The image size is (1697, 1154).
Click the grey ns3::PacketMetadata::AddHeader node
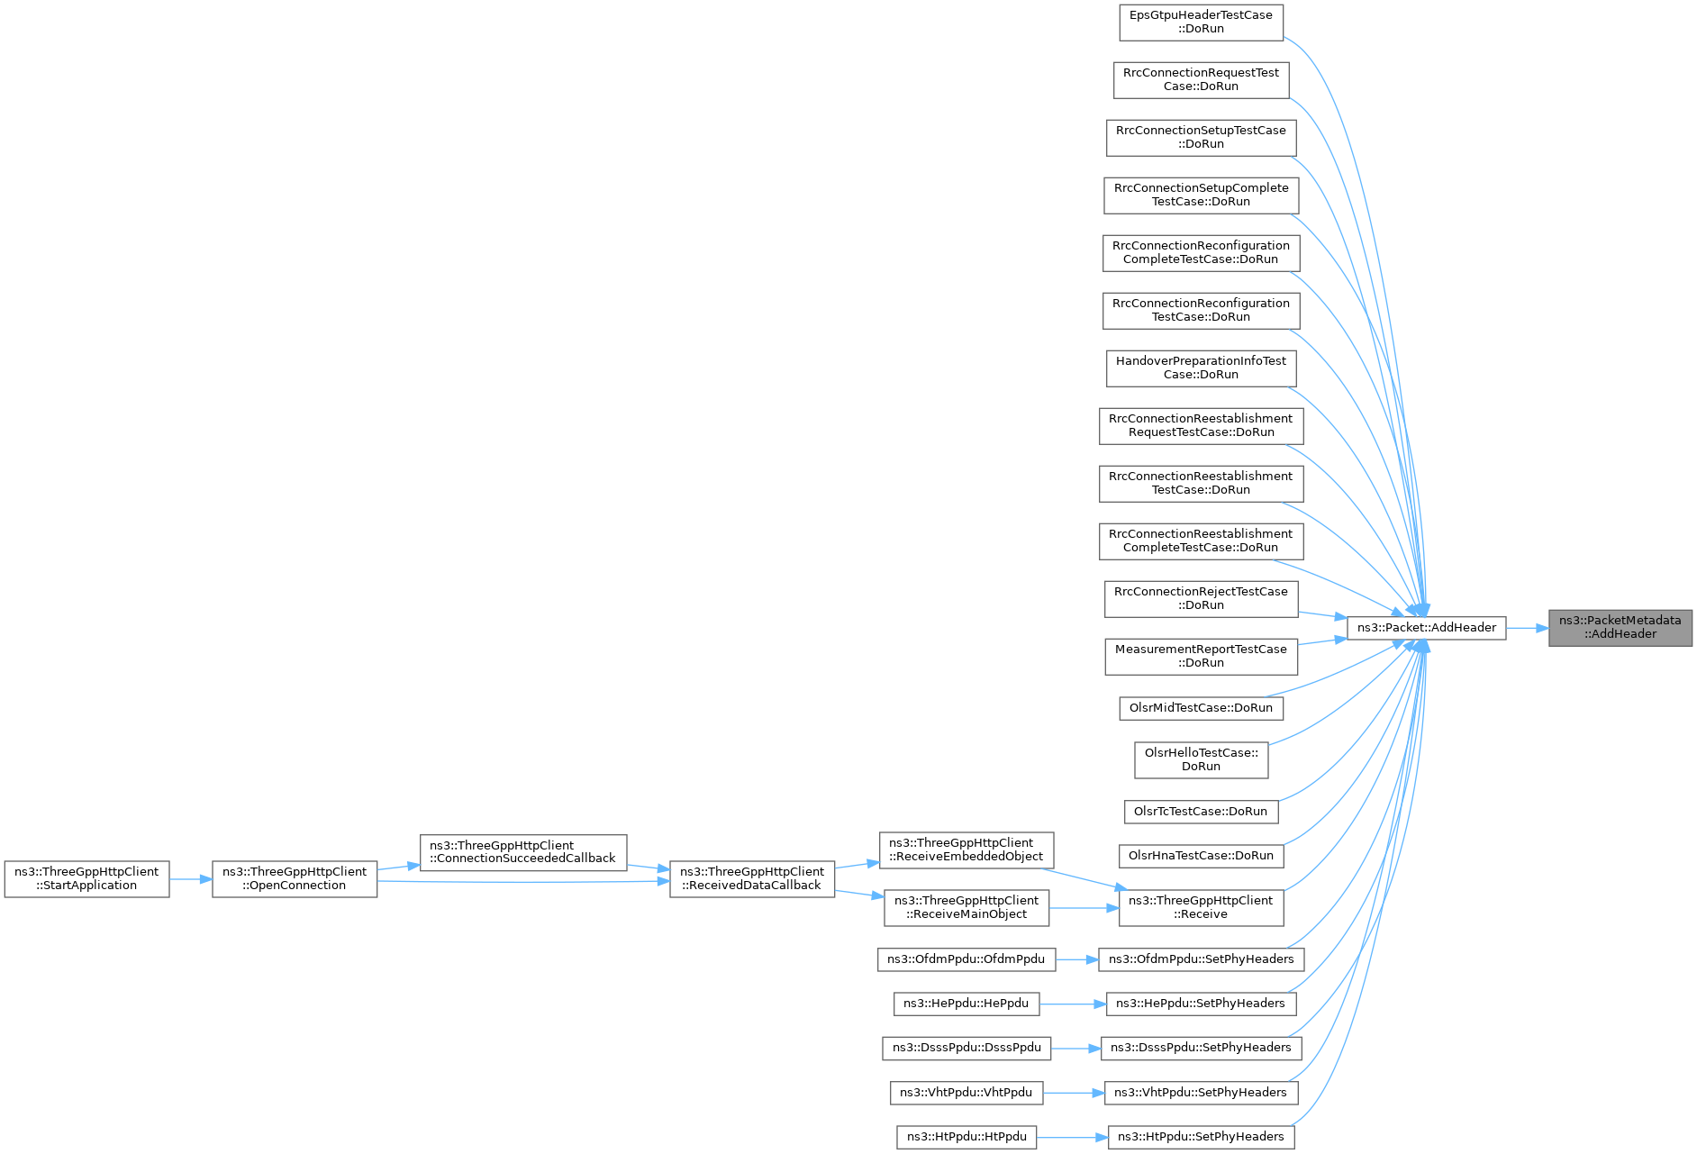(1620, 628)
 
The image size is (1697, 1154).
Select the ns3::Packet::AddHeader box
(1426, 628)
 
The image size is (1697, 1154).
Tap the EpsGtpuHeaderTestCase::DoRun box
(1201, 23)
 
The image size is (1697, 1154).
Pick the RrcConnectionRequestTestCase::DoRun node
(1201, 80)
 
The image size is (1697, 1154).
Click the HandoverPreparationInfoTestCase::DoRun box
(1201, 368)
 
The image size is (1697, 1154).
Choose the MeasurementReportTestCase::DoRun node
(1201, 657)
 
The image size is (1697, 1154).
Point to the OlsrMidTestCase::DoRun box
(1201, 708)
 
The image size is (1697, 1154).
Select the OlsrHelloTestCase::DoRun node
(1201, 760)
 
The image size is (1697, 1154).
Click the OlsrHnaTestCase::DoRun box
(1201, 856)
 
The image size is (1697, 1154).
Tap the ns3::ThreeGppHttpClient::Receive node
(1201, 908)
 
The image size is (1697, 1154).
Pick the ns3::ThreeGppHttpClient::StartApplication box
(86, 879)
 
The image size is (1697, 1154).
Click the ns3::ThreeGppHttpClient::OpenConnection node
(295, 879)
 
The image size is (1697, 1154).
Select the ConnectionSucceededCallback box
(523, 852)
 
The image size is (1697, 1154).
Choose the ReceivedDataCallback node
(752, 879)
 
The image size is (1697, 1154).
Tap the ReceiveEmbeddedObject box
(966, 850)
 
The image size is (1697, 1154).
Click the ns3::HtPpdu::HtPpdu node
(966, 1137)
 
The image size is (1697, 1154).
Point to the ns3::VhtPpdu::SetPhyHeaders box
(1201, 1093)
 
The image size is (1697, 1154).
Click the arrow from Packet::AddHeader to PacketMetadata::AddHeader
(1528, 628)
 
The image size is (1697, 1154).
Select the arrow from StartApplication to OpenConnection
(191, 879)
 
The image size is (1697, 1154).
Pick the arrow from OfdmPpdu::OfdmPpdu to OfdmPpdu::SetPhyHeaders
(1077, 959)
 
